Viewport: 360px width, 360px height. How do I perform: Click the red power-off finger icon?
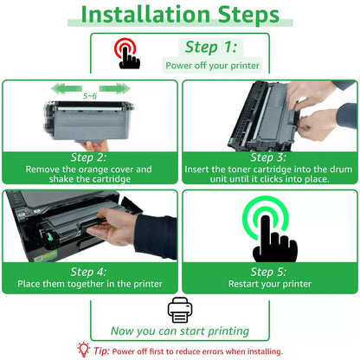click(x=127, y=55)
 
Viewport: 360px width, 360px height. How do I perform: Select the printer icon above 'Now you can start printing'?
click(x=180, y=310)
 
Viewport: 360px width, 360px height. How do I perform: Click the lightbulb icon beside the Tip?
click(x=84, y=350)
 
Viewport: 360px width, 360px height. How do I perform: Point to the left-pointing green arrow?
click(x=67, y=88)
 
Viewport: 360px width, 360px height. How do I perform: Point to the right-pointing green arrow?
click(x=114, y=88)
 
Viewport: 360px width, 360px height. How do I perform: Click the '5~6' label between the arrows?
click(x=90, y=96)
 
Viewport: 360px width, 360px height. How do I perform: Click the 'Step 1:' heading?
click(x=211, y=48)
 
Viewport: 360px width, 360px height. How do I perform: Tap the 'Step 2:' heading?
click(x=89, y=157)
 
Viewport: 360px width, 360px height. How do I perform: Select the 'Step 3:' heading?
click(x=268, y=157)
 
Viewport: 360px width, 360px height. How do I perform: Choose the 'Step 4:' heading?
click(x=89, y=272)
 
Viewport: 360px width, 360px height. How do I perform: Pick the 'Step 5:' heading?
click(x=268, y=272)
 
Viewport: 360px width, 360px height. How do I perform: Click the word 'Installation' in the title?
click(x=145, y=15)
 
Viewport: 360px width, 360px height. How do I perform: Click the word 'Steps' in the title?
click(x=248, y=15)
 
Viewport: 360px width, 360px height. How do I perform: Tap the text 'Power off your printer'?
click(x=213, y=66)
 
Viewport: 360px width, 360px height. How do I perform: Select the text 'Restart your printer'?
click(x=270, y=284)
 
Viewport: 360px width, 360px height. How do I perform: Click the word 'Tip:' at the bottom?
click(x=101, y=351)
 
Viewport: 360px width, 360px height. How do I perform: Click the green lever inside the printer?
click(x=50, y=237)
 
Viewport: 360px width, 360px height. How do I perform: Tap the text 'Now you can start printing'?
click(x=180, y=331)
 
